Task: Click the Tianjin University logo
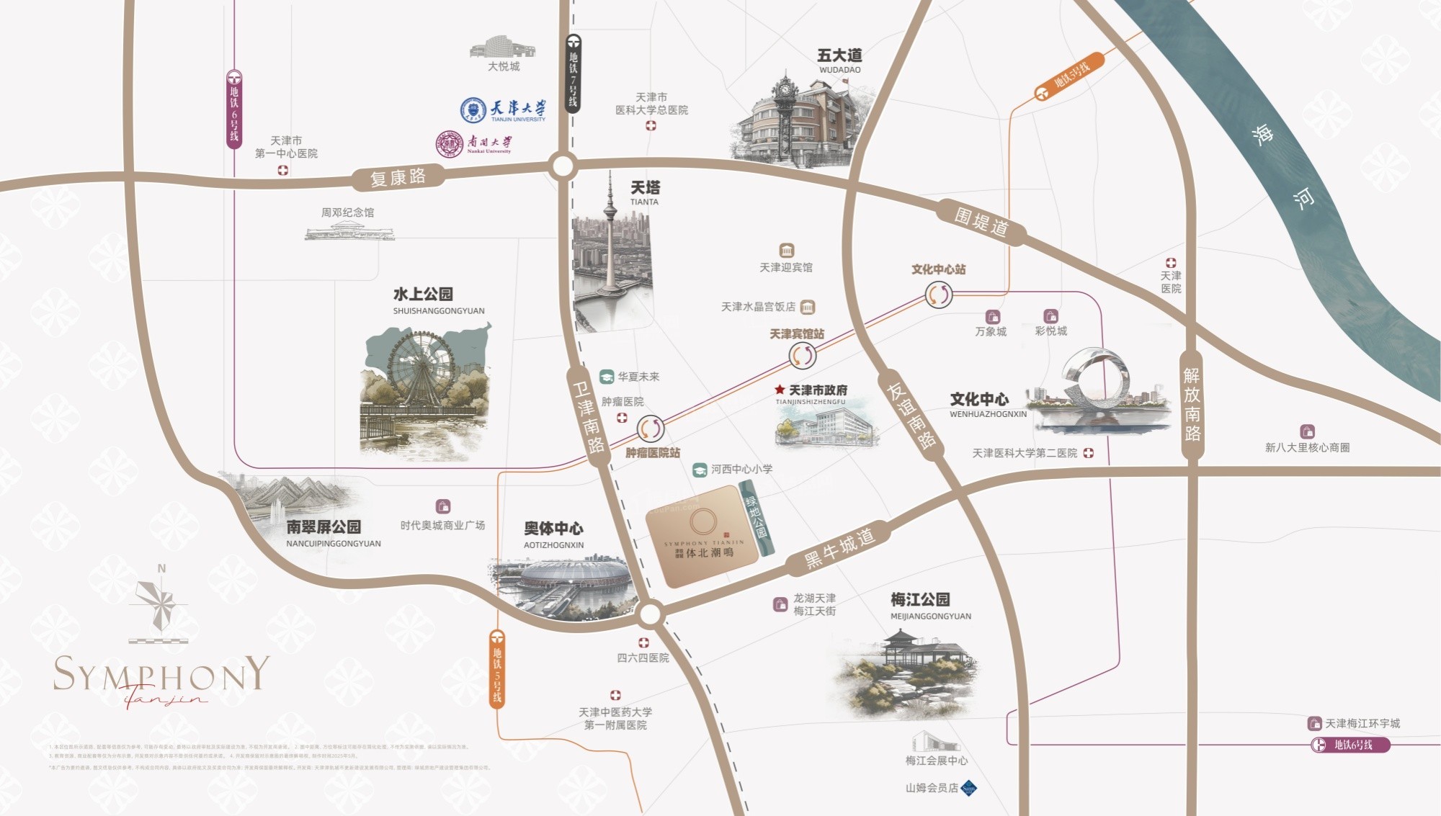pos(473,109)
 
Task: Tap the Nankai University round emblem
pos(449,145)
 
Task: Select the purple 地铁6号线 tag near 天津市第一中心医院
pos(234,109)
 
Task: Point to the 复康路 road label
pos(398,177)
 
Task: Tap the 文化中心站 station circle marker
pos(938,295)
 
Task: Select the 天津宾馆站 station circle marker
pos(802,355)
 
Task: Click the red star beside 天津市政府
pos(780,390)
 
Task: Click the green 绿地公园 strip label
pos(757,518)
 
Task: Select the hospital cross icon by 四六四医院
pos(643,642)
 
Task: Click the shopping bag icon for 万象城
pos(993,317)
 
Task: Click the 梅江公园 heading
pos(920,599)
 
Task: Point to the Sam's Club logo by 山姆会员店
pos(969,788)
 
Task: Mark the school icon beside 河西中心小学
pos(699,470)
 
